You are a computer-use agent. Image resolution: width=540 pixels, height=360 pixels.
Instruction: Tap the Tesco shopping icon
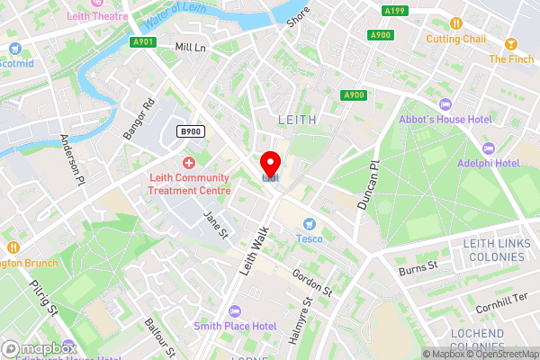click(x=310, y=223)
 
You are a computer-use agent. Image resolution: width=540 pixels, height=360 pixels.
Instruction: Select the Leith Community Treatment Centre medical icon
click(x=189, y=163)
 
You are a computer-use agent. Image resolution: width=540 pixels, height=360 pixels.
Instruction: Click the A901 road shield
click(x=142, y=42)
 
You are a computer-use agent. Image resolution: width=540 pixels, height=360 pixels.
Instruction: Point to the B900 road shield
click(x=191, y=131)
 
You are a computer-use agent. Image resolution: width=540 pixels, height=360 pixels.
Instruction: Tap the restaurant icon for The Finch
click(x=510, y=43)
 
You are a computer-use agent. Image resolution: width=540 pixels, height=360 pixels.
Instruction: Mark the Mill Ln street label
click(x=191, y=47)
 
